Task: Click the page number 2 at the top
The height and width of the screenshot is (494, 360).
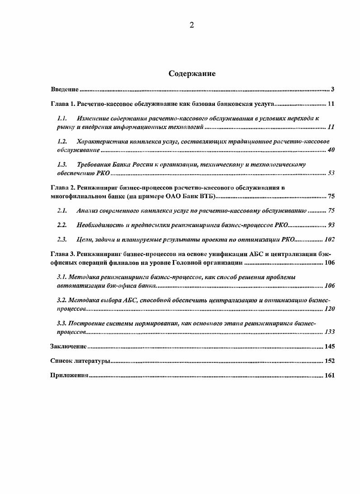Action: pos(191,25)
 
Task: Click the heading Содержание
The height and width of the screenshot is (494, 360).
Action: pos(192,74)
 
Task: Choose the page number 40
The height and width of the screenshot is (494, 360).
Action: pos(331,150)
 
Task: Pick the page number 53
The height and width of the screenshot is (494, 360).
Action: pos(331,173)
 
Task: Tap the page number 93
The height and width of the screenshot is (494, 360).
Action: pos(331,225)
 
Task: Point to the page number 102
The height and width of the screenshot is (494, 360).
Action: pos(329,240)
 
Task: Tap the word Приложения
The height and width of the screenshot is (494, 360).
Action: pos(68,375)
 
